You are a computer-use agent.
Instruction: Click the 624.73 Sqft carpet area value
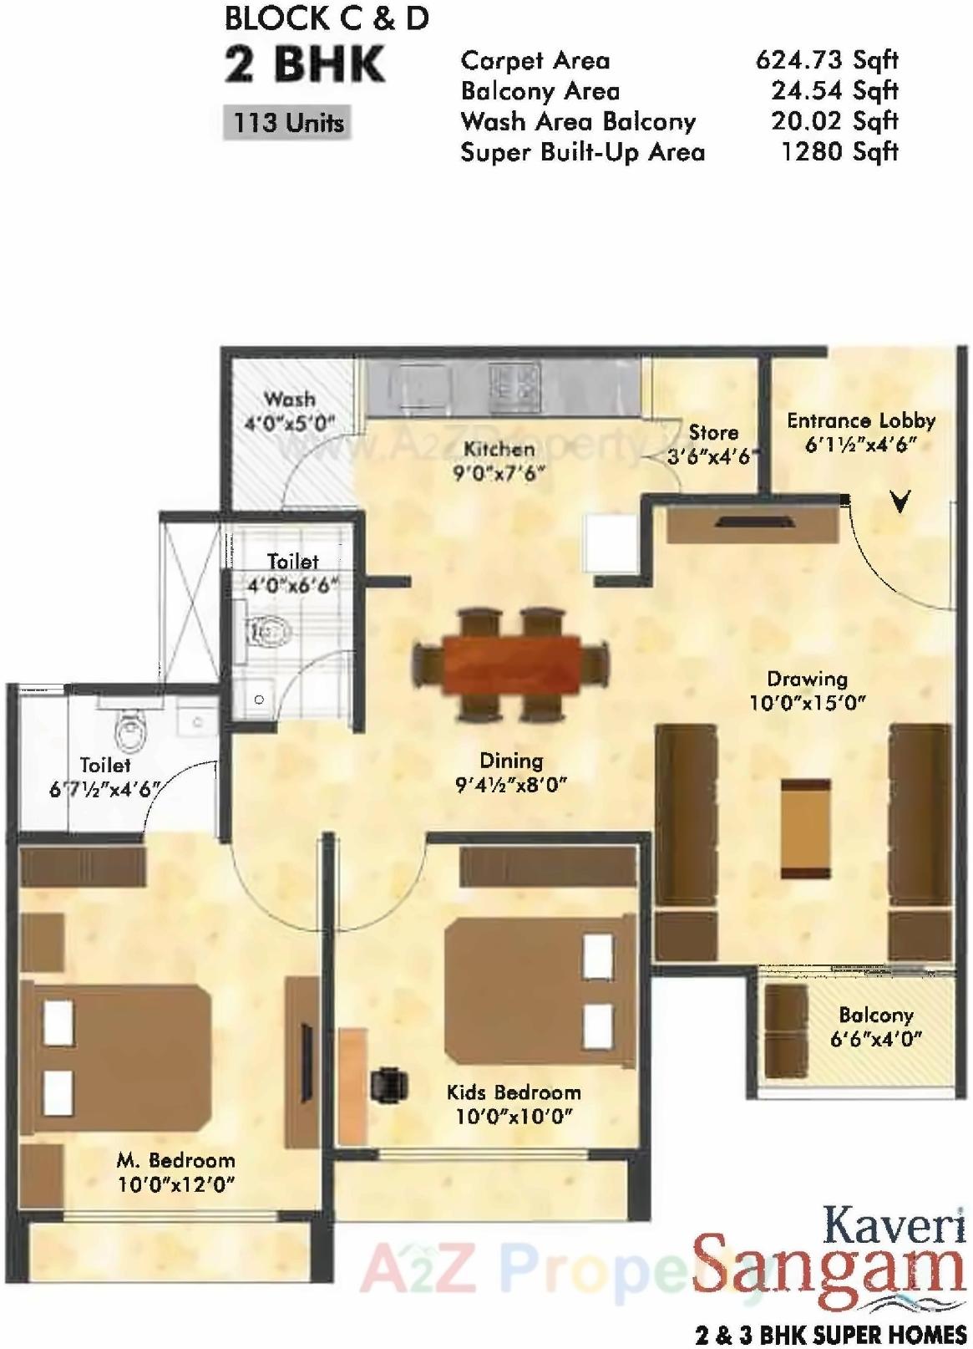tap(826, 60)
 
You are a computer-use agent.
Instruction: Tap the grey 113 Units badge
tap(288, 123)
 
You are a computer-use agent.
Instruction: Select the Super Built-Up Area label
tap(582, 153)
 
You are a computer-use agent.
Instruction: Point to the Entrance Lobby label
tap(860, 420)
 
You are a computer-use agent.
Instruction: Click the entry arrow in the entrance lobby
tap(900, 501)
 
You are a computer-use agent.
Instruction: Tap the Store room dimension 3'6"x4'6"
tap(711, 457)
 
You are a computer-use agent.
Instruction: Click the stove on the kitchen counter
tap(512, 382)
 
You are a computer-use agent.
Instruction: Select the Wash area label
tap(289, 400)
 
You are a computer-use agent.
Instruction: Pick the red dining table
tap(512, 664)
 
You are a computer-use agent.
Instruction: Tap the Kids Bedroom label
tap(513, 1092)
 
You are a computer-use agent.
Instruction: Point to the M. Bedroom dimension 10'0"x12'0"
tap(175, 1184)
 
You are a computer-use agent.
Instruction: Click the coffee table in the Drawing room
tap(806, 828)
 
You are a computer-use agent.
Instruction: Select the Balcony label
tap(875, 1015)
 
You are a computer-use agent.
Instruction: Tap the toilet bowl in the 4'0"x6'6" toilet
tap(269, 629)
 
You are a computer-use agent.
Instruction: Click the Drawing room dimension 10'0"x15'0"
tap(807, 703)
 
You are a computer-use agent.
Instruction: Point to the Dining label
tap(511, 761)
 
